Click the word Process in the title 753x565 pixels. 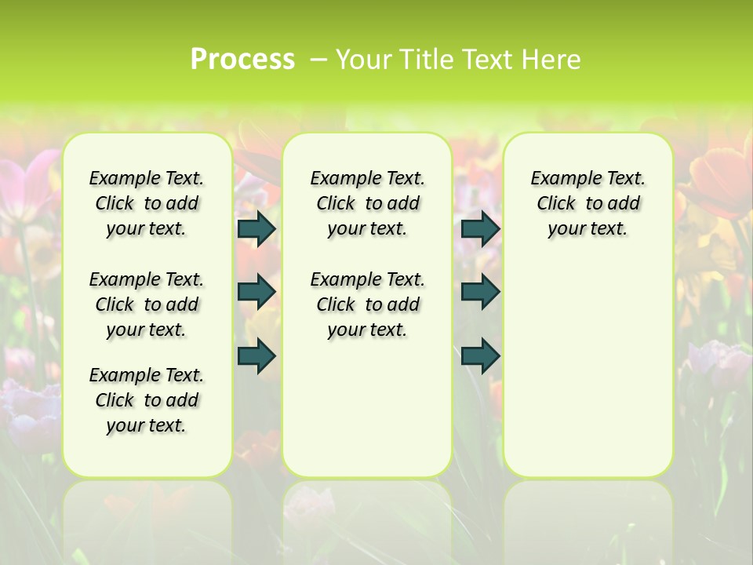pos(242,59)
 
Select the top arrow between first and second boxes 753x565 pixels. pos(256,228)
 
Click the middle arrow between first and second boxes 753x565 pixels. pos(256,292)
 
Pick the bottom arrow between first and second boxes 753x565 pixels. pos(256,355)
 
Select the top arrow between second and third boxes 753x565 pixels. pos(480,228)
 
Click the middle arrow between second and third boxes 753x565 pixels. pos(480,292)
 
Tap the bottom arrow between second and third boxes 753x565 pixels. pos(480,355)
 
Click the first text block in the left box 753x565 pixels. pos(147,203)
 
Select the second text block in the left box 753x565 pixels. pos(147,304)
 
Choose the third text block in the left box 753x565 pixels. pos(147,400)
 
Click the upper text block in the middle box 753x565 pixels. pos(368,203)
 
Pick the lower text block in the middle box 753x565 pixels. pos(368,304)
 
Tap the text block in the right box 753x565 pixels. pos(588,203)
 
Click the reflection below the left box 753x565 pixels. pos(147,518)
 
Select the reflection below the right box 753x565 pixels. pos(588,518)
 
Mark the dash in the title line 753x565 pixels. pos(318,59)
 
